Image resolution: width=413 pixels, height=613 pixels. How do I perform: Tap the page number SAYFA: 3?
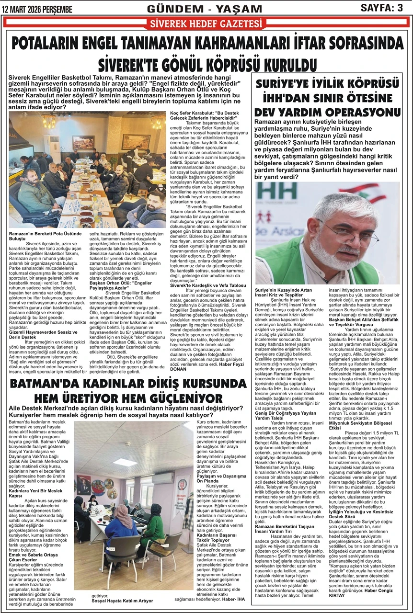(x=381, y=8)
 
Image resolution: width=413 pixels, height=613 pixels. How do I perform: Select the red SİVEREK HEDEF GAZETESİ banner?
(x=206, y=24)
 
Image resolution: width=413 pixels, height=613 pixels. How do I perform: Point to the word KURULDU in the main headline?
(x=280, y=65)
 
